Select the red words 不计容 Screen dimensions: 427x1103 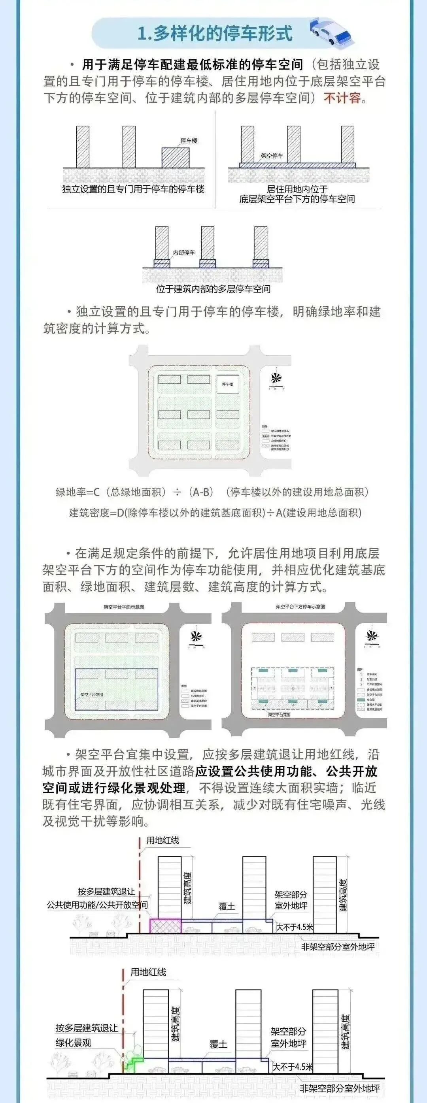click(x=342, y=98)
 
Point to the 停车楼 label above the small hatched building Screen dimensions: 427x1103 click(x=189, y=141)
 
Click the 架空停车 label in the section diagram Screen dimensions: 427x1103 click(x=272, y=156)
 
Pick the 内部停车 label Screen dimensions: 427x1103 click(x=184, y=253)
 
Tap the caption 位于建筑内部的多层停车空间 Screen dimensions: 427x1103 click(x=213, y=289)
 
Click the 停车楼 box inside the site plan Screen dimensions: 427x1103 click(x=227, y=385)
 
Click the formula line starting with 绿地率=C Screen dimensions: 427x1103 click(x=213, y=492)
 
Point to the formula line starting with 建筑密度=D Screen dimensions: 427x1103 click(x=215, y=513)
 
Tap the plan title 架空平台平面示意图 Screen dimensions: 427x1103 click(x=124, y=607)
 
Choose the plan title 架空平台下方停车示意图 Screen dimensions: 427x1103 click(x=300, y=607)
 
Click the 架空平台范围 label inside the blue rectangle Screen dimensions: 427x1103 click(x=92, y=695)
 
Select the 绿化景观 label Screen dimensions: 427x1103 click(x=73, y=1043)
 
